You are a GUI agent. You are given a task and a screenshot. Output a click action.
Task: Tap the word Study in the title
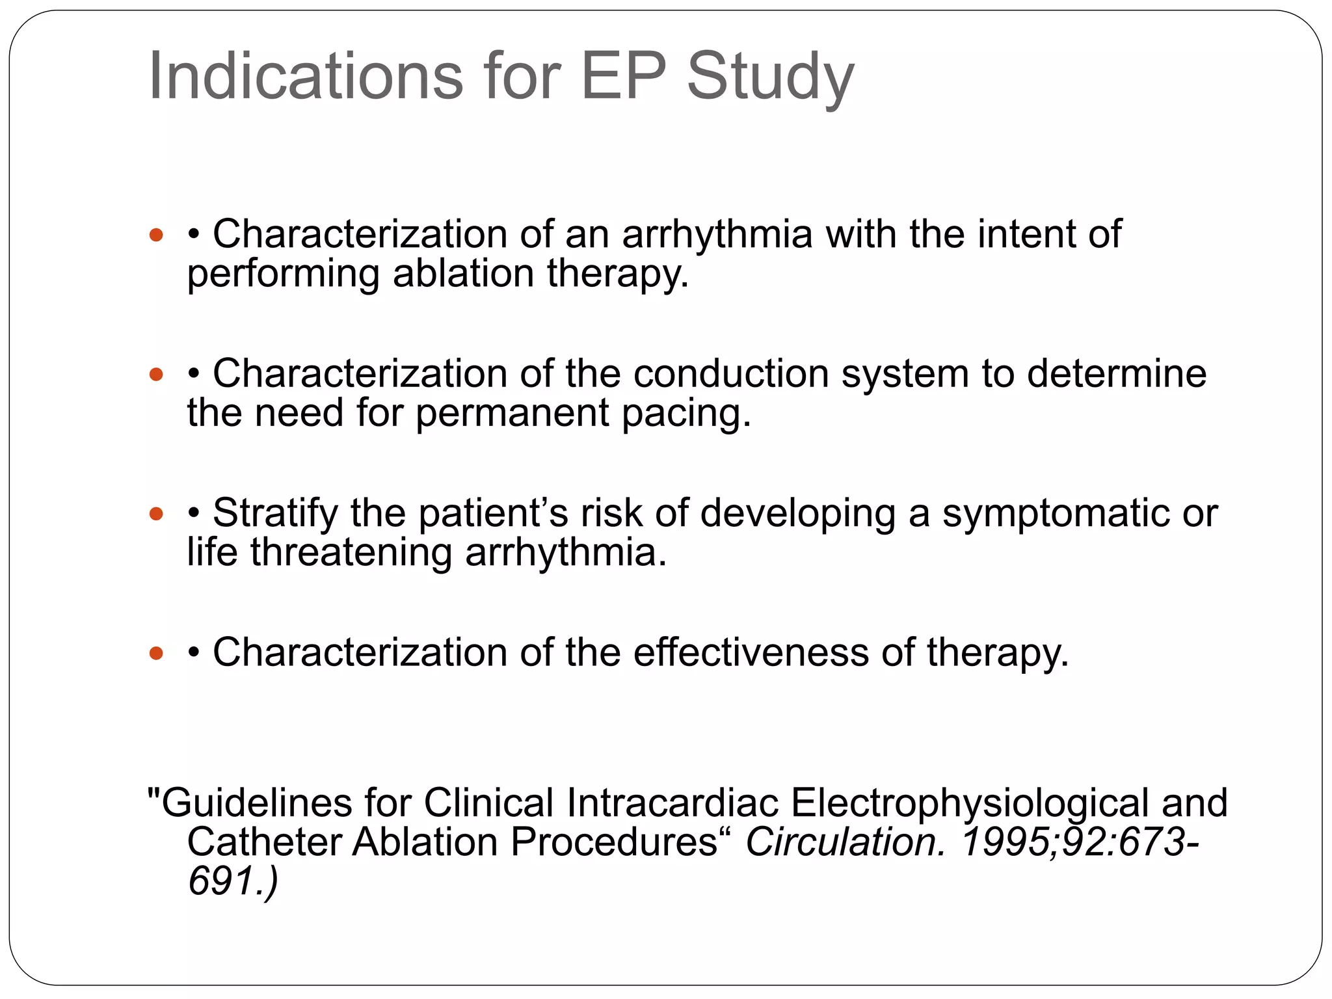pyautogui.click(x=770, y=77)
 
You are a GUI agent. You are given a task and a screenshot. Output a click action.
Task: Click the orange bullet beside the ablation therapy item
pyautogui.click(x=156, y=235)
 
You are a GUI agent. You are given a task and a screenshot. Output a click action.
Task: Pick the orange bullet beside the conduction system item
pyautogui.click(x=156, y=374)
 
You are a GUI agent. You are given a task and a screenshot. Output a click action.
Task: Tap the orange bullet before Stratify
pyautogui.click(x=156, y=514)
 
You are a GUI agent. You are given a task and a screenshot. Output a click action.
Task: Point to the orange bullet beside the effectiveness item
pyautogui.click(x=156, y=653)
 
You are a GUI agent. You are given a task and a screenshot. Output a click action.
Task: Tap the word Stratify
pyautogui.click(x=275, y=513)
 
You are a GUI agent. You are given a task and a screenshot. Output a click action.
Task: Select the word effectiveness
pyautogui.click(x=751, y=652)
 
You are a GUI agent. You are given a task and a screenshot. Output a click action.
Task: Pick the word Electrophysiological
pyautogui.click(x=970, y=803)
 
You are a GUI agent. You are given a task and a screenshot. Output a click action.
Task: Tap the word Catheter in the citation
pyautogui.click(x=263, y=842)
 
